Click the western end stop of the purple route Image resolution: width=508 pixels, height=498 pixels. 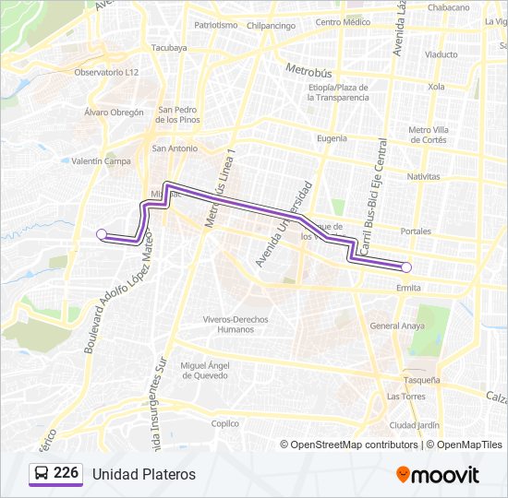click(102, 234)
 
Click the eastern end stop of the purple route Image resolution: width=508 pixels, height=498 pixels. click(406, 267)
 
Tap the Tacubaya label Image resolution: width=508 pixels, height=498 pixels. click(169, 48)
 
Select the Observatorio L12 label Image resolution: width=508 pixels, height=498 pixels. click(106, 72)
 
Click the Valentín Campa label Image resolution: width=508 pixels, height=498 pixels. click(101, 160)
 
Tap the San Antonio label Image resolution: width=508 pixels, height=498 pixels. click(175, 148)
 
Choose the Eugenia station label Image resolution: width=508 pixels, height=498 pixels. click(332, 137)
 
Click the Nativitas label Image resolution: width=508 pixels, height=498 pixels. click(423, 175)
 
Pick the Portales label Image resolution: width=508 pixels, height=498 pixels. click(417, 231)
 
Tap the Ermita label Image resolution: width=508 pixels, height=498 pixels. click(408, 288)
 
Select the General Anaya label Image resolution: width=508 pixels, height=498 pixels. click(396, 326)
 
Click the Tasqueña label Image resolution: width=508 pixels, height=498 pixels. click(421, 379)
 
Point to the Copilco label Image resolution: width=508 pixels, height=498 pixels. click(225, 423)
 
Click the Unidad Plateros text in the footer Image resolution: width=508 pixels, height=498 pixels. click(143, 474)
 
